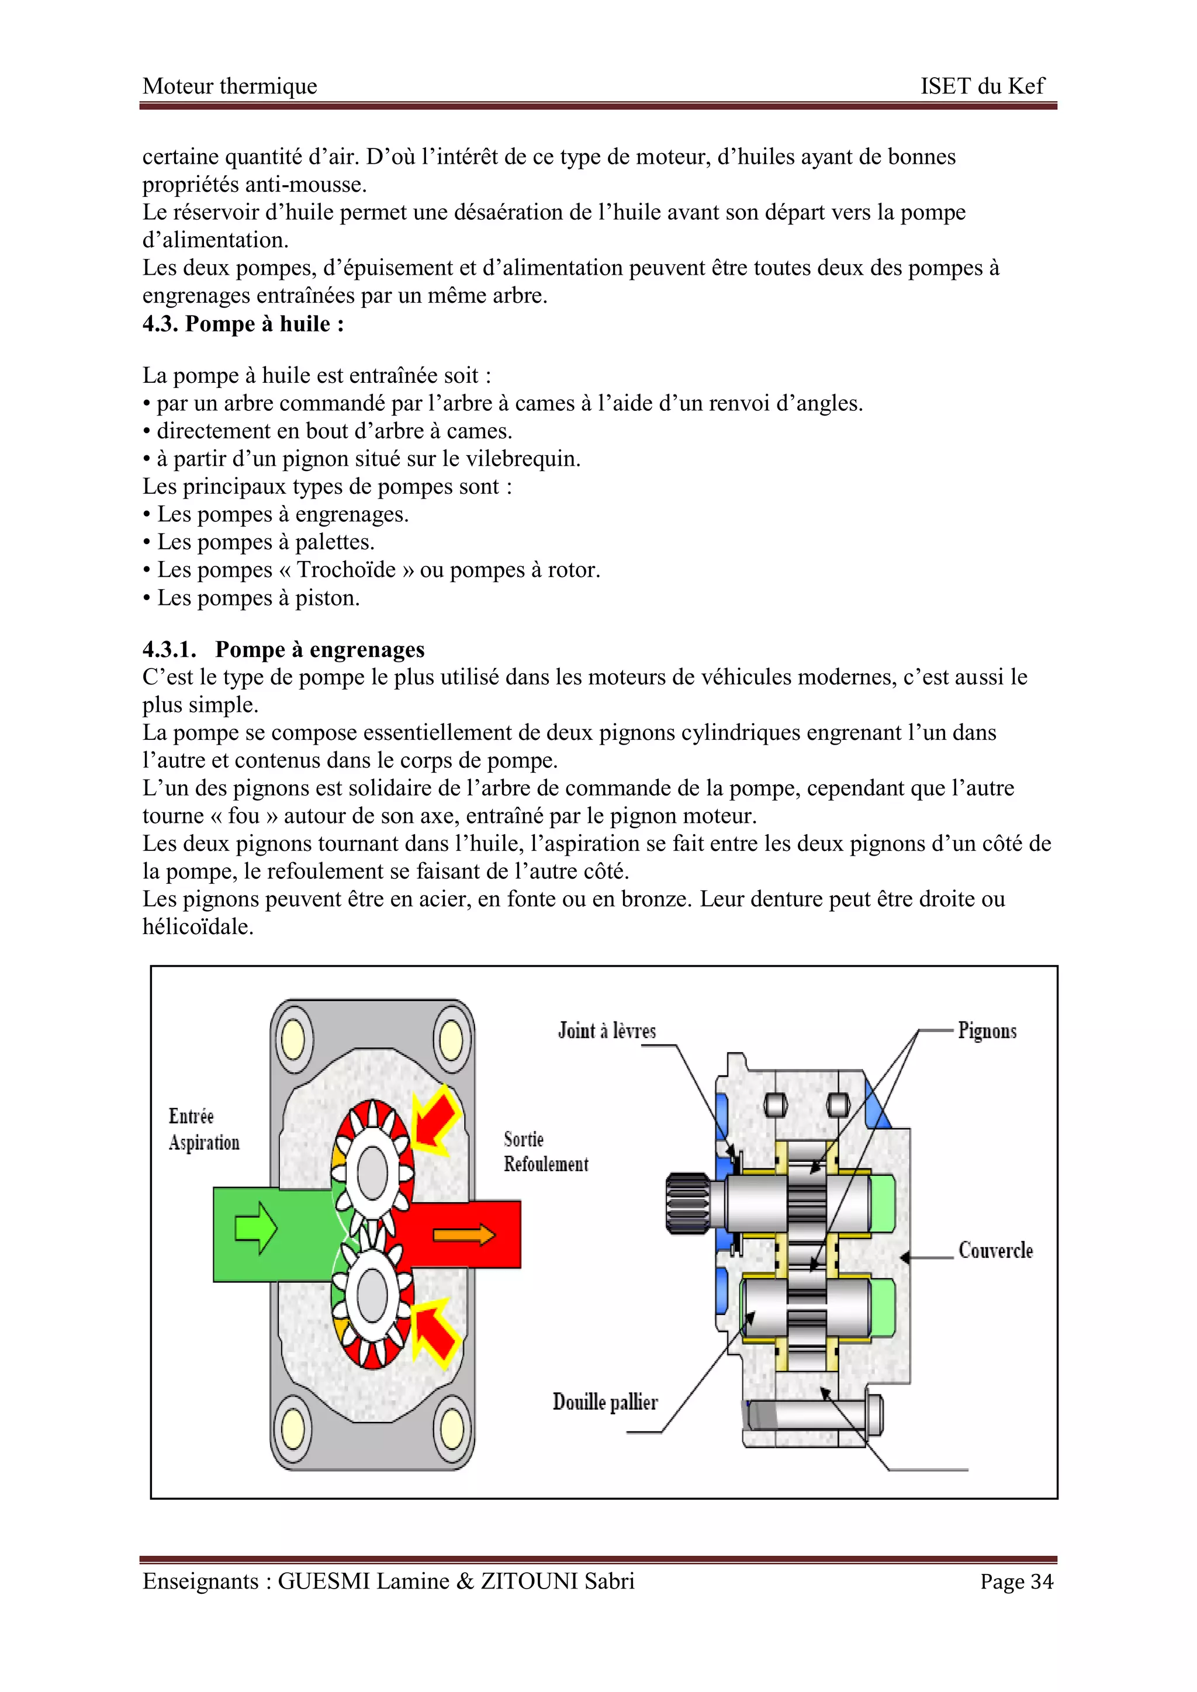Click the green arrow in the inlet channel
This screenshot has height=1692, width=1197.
[x=255, y=1228]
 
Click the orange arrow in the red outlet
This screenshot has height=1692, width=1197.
[x=463, y=1234]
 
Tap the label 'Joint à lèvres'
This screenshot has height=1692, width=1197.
[x=607, y=1030]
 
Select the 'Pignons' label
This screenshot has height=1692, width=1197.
[x=987, y=1030]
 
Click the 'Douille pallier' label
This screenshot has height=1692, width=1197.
[x=605, y=1402]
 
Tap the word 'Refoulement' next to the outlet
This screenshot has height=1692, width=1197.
[x=546, y=1164]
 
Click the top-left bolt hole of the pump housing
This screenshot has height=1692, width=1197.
[x=293, y=1039]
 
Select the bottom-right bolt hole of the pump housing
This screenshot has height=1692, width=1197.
[x=451, y=1429]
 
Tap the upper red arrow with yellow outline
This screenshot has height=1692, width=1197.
[x=437, y=1118]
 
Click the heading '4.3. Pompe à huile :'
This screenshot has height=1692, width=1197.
[x=243, y=324]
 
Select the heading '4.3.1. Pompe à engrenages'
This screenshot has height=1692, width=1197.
[x=284, y=649]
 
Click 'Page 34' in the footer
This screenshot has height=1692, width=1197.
[x=1016, y=1582]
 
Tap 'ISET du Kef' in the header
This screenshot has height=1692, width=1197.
[x=982, y=86]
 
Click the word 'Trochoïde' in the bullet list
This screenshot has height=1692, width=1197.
[x=347, y=570]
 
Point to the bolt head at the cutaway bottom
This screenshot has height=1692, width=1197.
[x=875, y=1416]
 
